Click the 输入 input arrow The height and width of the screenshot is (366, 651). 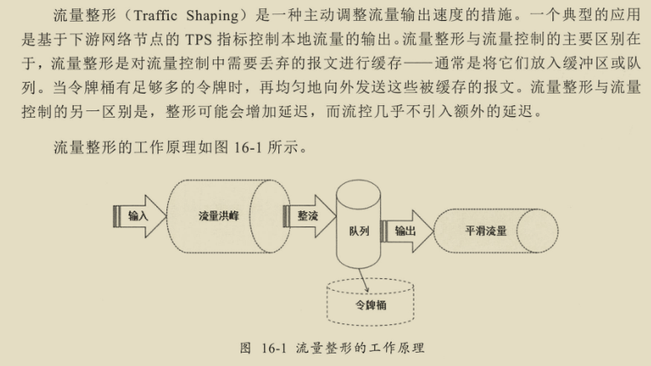pos(140,216)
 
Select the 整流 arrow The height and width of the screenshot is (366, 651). pos(309,216)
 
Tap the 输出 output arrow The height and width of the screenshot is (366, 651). pos(407,231)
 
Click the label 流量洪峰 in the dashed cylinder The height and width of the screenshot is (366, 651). pos(218,216)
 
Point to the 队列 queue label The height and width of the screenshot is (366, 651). pos(359,231)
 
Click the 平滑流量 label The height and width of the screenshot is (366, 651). pos(486,231)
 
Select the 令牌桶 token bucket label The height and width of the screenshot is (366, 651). pos(370,305)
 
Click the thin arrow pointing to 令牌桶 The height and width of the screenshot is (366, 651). pos(364,280)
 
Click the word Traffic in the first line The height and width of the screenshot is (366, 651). pos(155,16)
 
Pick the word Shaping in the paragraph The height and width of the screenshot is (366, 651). pos(212,17)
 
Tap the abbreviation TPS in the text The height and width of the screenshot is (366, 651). pos(199,39)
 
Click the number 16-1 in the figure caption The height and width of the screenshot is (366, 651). pos(274,348)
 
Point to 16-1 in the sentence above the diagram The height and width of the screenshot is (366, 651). pos(248,147)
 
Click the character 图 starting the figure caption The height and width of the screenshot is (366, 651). pos(246,348)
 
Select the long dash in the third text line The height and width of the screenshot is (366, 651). pos(418,64)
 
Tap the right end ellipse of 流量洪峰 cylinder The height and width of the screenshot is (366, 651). pos(270,216)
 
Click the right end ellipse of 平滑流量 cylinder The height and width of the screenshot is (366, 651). pos(537,231)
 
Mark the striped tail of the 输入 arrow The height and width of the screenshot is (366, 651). pos(117,216)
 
